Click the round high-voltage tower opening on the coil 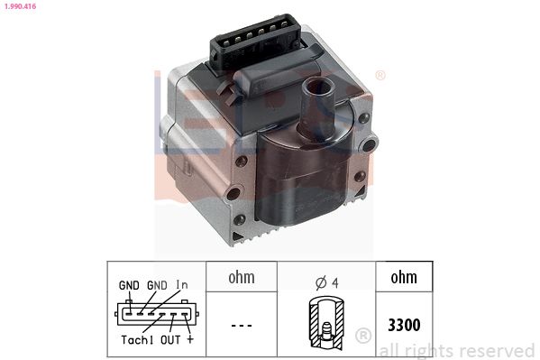click(x=316, y=90)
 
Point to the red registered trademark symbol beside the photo click(x=380, y=75)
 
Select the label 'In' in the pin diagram click(x=182, y=284)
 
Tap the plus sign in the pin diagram click(x=189, y=340)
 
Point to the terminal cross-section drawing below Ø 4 click(x=322, y=322)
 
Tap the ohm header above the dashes click(x=241, y=278)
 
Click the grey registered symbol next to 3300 click(x=363, y=336)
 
